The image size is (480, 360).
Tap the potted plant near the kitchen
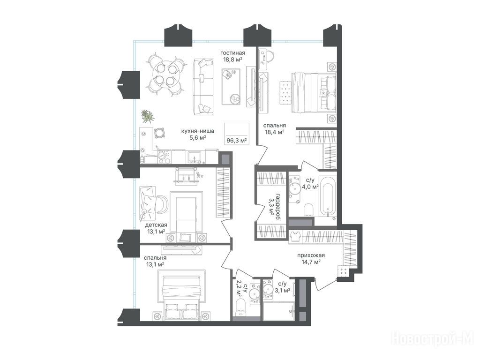point(148,116)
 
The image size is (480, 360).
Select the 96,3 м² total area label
point(237,141)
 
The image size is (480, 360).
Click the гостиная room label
point(232,52)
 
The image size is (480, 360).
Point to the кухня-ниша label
point(197,131)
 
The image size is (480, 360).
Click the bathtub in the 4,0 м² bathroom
point(328,196)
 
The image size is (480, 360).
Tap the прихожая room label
point(311,255)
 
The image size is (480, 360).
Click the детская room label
point(156,225)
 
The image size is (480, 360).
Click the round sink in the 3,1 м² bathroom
point(269,289)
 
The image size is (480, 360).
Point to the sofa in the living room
point(203,87)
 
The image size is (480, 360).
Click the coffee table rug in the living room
point(231,87)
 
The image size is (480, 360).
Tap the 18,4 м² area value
point(274,132)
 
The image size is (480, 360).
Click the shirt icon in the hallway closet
point(295,237)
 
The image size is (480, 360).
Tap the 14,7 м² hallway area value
point(311,262)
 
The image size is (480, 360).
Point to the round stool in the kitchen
point(159,133)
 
